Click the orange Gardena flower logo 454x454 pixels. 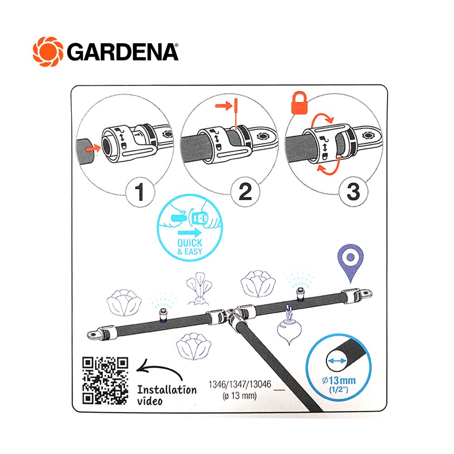pos(48,52)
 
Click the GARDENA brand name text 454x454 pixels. pos(123,52)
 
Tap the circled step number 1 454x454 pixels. pos(140,192)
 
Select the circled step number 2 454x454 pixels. pos(245,192)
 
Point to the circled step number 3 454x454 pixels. pos(354,192)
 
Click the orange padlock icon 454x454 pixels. pos(299,103)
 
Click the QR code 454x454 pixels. pos(105,380)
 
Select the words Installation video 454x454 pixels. pos(167,395)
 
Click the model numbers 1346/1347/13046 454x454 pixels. pos(240,384)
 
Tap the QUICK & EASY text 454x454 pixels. pos(190,247)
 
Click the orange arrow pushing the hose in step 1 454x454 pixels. pos(93,148)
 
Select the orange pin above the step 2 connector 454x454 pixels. pos(236,114)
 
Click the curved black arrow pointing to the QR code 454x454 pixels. pos(159,369)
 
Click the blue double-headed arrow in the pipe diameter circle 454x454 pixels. pos(337,361)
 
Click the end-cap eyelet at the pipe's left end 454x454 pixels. pos(94,335)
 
